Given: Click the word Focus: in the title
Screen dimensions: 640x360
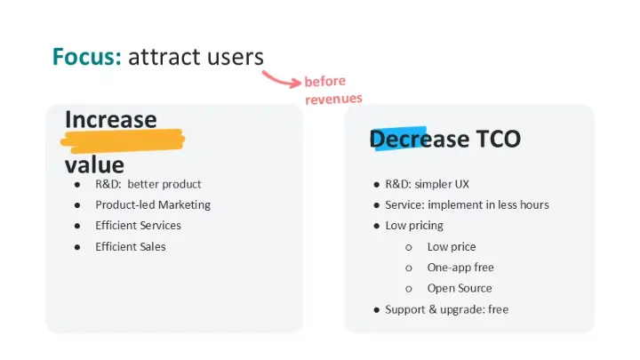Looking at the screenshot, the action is click(87, 57).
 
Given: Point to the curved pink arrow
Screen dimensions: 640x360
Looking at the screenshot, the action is click(282, 79).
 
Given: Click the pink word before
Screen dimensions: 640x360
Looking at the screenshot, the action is click(325, 81).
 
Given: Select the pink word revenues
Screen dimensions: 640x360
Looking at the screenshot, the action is click(333, 99).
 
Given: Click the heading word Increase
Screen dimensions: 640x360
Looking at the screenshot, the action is click(110, 120).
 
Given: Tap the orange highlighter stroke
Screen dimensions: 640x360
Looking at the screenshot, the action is click(123, 140).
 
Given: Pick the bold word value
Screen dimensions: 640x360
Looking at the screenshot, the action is click(94, 165).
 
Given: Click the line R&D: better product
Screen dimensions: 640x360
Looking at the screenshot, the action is click(148, 184).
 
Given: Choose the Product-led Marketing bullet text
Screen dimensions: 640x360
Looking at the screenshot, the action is click(153, 205).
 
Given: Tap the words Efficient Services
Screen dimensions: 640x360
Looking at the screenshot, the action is click(138, 225).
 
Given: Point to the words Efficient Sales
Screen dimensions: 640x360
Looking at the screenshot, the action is click(131, 246).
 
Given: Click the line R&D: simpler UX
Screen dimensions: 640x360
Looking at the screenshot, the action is click(427, 184).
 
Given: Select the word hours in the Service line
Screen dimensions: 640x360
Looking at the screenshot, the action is click(534, 204).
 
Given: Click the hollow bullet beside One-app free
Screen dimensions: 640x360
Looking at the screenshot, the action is click(409, 268).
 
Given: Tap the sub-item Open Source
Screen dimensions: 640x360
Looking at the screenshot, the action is click(460, 288).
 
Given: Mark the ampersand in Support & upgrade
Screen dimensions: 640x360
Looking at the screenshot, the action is click(433, 309).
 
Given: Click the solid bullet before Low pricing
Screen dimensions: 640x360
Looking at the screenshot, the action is click(376, 226).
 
